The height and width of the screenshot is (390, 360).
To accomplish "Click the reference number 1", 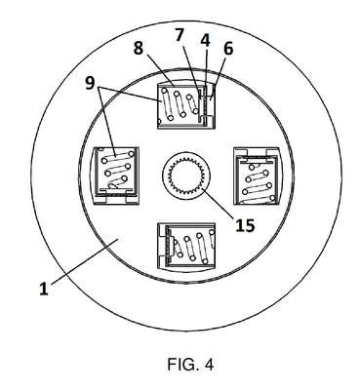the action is click(x=44, y=289).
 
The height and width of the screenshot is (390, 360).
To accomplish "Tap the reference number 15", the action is click(x=245, y=225).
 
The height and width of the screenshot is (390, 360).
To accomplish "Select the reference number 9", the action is click(x=90, y=83).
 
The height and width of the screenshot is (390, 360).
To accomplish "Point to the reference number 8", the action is click(x=139, y=49).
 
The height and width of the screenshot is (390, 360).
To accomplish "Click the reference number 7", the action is click(x=180, y=35).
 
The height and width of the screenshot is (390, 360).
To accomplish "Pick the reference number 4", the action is click(x=205, y=40).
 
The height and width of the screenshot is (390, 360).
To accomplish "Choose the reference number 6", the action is click(x=228, y=49).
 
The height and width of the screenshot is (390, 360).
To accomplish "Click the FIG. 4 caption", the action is click(x=190, y=365).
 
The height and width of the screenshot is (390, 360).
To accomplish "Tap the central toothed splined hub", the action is click(x=186, y=175).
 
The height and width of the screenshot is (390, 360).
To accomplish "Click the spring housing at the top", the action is click(x=186, y=105).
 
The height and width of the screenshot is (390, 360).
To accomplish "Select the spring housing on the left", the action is click(x=116, y=175).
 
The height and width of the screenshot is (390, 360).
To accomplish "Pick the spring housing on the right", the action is click(x=257, y=175).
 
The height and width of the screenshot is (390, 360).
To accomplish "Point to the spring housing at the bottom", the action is click(x=186, y=246).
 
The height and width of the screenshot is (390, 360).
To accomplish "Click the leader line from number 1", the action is click(x=84, y=261).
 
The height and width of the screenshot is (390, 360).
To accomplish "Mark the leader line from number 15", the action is click(x=220, y=203).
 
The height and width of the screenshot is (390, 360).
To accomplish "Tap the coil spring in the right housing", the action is click(x=258, y=182).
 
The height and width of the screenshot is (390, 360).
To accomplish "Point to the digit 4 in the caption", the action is click(x=210, y=365).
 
